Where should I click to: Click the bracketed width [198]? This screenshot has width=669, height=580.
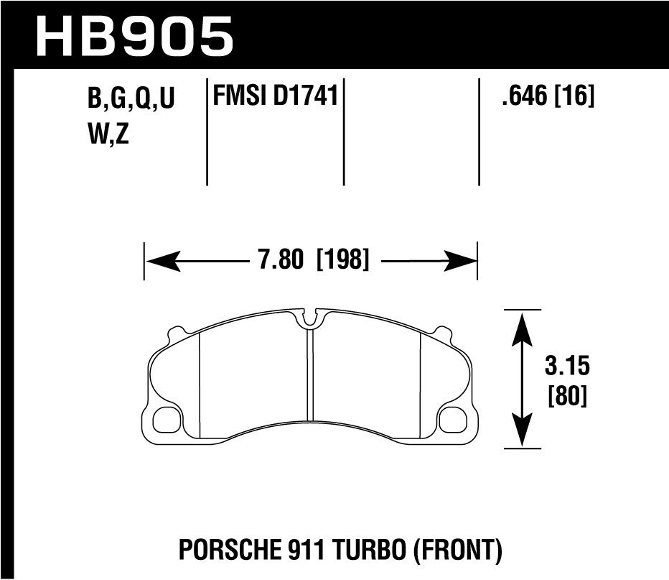click(x=342, y=260)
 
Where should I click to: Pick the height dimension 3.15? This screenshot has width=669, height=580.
click(x=566, y=367)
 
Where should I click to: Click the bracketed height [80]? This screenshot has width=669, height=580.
click(x=566, y=396)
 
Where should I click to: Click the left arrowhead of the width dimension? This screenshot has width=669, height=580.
click(x=158, y=260)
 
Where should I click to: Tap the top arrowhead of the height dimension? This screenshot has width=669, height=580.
click(x=522, y=324)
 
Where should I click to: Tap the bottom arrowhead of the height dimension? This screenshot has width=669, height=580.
click(x=522, y=436)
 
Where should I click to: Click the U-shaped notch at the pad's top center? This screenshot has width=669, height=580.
click(x=310, y=318)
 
